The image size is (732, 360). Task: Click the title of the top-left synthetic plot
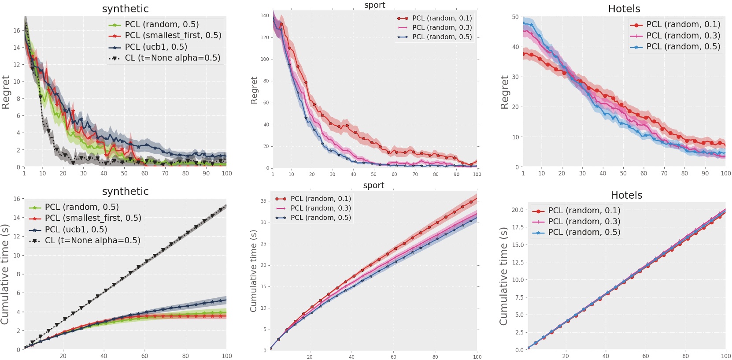point(125,9)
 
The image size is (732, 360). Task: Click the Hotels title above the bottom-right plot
point(626,195)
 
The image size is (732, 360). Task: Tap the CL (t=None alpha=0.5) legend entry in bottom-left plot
point(92,241)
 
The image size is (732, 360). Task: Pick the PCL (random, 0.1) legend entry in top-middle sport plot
point(441,18)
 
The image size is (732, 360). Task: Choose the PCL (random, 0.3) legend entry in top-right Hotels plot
point(683,36)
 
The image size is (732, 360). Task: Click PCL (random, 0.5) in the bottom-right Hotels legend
point(584,232)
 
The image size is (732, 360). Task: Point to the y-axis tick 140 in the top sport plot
point(265,15)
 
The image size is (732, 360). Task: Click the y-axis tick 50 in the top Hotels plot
point(515,17)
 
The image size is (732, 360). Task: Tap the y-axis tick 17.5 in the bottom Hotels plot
point(517,227)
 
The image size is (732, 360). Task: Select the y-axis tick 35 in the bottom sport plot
point(263,201)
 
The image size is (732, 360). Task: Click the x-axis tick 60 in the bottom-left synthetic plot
point(144,356)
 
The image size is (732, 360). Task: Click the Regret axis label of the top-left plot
point(6,92)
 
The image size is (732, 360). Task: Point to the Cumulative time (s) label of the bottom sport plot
point(254,271)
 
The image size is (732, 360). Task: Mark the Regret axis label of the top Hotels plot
point(505,92)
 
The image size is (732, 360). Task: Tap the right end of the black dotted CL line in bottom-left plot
point(226,205)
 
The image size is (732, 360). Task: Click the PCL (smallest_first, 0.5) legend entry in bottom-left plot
point(93,218)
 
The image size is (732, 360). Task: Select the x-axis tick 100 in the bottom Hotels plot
point(725,356)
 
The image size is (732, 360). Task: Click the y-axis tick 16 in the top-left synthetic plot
point(17,30)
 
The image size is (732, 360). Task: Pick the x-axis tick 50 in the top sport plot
point(373,174)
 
